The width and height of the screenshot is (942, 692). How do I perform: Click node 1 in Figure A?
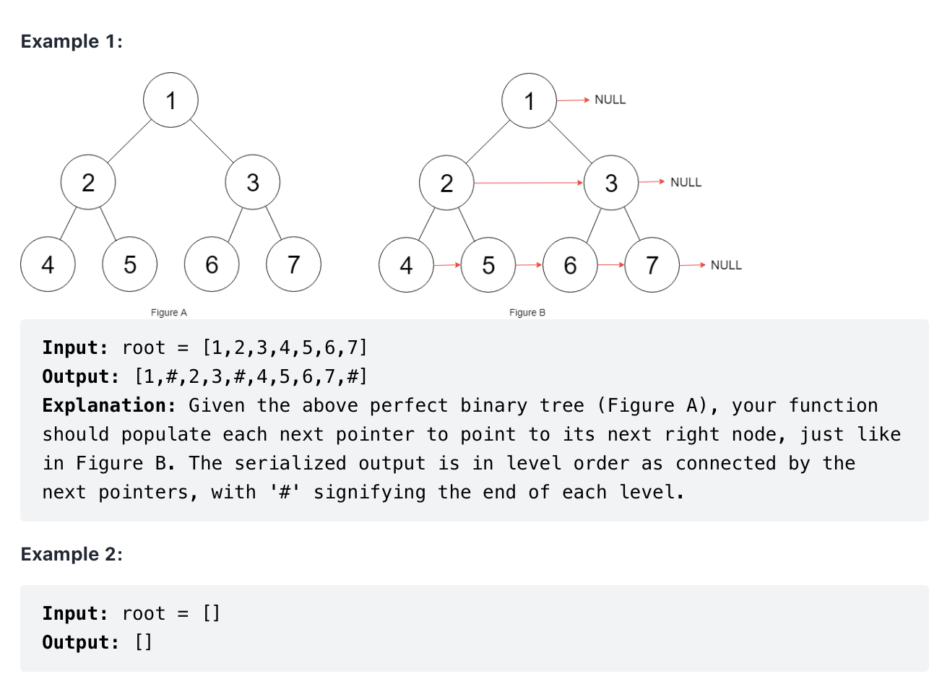pyautogui.click(x=170, y=100)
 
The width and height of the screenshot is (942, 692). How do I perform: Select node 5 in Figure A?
pyautogui.click(x=130, y=264)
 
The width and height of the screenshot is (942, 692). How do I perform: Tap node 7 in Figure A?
pyautogui.click(x=293, y=264)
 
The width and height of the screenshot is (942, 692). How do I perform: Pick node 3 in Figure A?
pyautogui.click(x=252, y=182)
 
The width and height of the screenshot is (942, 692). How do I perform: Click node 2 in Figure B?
pyautogui.click(x=446, y=183)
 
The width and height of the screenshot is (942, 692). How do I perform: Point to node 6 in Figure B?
pyautogui.click(x=570, y=265)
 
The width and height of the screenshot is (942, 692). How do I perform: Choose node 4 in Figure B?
pyautogui.click(x=406, y=265)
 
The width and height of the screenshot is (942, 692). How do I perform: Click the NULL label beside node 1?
pyautogui.click(x=610, y=100)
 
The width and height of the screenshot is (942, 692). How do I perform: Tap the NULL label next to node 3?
pyautogui.click(x=686, y=182)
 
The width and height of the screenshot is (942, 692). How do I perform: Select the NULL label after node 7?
pyautogui.click(x=726, y=265)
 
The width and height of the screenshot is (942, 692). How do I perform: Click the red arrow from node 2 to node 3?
pyautogui.click(x=528, y=183)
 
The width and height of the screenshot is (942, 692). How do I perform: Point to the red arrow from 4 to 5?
pyautogui.click(x=447, y=265)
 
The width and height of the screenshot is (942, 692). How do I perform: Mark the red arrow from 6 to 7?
pyautogui.click(x=611, y=265)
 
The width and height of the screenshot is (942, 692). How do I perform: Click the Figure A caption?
pyautogui.click(x=168, y=312)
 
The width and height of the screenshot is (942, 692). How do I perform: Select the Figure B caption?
pyautogui.click(x=527, y=312)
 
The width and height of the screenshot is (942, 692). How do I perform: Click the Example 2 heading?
pyautogui.click(x=72, y=554)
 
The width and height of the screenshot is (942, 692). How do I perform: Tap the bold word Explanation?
pyautogui.click(x=108, y=405)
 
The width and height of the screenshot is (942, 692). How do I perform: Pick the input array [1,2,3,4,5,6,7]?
pyautogui.click(x=285, y=347)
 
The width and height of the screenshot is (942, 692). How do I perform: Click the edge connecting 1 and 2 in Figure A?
pyautogui.click(x=129, y=140)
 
